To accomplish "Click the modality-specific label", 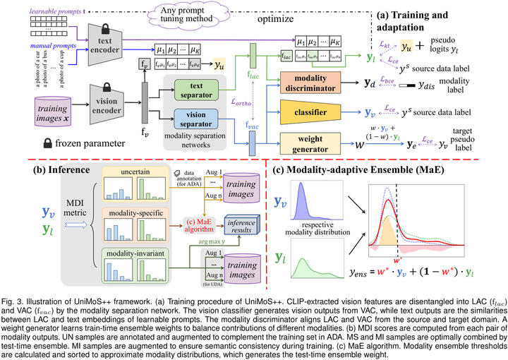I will click(x=138, y=212).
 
